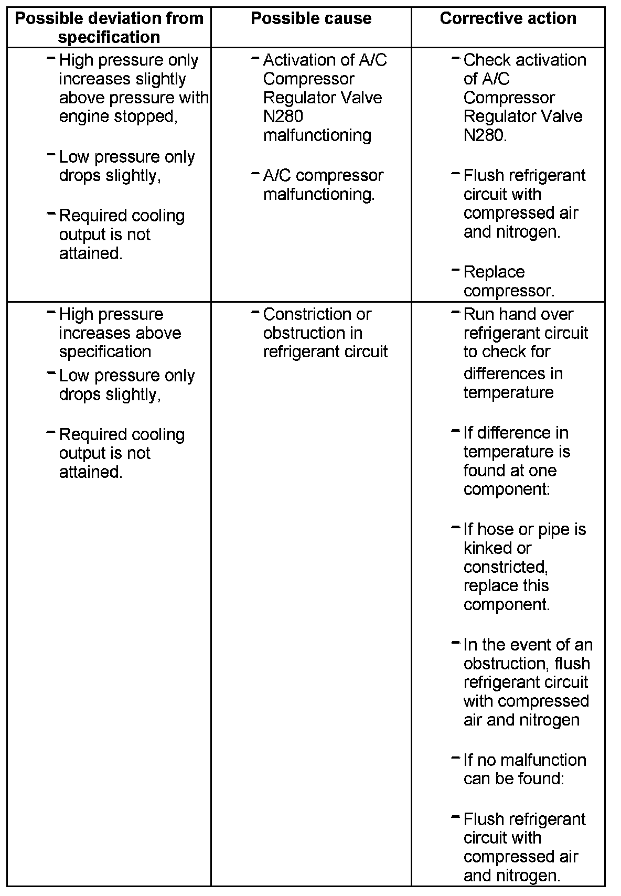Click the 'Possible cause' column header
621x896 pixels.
pyautogui.click(x=311, y=19)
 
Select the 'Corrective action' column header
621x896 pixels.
pyautogui.click(x=508, y=19)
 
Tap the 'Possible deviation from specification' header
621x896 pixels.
pyautogui.click(x=109, y=28)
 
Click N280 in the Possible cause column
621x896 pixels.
pyautogui.click(x=283, y=116)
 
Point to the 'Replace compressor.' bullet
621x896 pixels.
pyautogui.click(x=508, y=281)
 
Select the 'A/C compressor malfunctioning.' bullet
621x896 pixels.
pyautogui.click(x=323, y=185)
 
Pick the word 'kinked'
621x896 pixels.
pyautogui.click(x=489, y=548)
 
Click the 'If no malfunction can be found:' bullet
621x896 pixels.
pyautogui.click(x=524, y=769)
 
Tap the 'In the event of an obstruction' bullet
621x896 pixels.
pyautogui.click(x=527, y=682)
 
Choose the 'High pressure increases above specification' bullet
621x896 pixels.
pyautogui.click(x=120, y=333)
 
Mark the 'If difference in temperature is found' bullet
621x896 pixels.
pyautogui.click(x=517, y=461)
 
